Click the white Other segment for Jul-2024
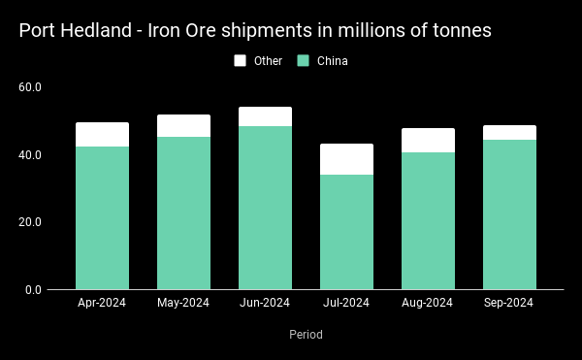tap(346, 159)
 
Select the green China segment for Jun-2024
tap(265, 208)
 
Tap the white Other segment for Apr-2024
tap(103, 135)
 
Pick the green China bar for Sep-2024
tap(509, 214)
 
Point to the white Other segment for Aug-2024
tap(429, 141)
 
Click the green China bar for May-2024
tap(183, 213)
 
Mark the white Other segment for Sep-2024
tap(509, 133)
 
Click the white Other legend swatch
tap(240, 60)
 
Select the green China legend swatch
tap(303, 60)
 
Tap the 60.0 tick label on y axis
tap(30, 87)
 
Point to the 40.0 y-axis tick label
tap(30, 155)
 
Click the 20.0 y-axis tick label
tap(30, 222)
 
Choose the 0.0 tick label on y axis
tap(33, 290)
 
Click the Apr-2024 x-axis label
tap(102, 303)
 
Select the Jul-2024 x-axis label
tap(346, 303)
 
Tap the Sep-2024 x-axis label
tap(508, 303)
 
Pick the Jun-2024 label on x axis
tap(265, 303)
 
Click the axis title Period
tap(306, 335)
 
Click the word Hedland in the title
tap(96, 30)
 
